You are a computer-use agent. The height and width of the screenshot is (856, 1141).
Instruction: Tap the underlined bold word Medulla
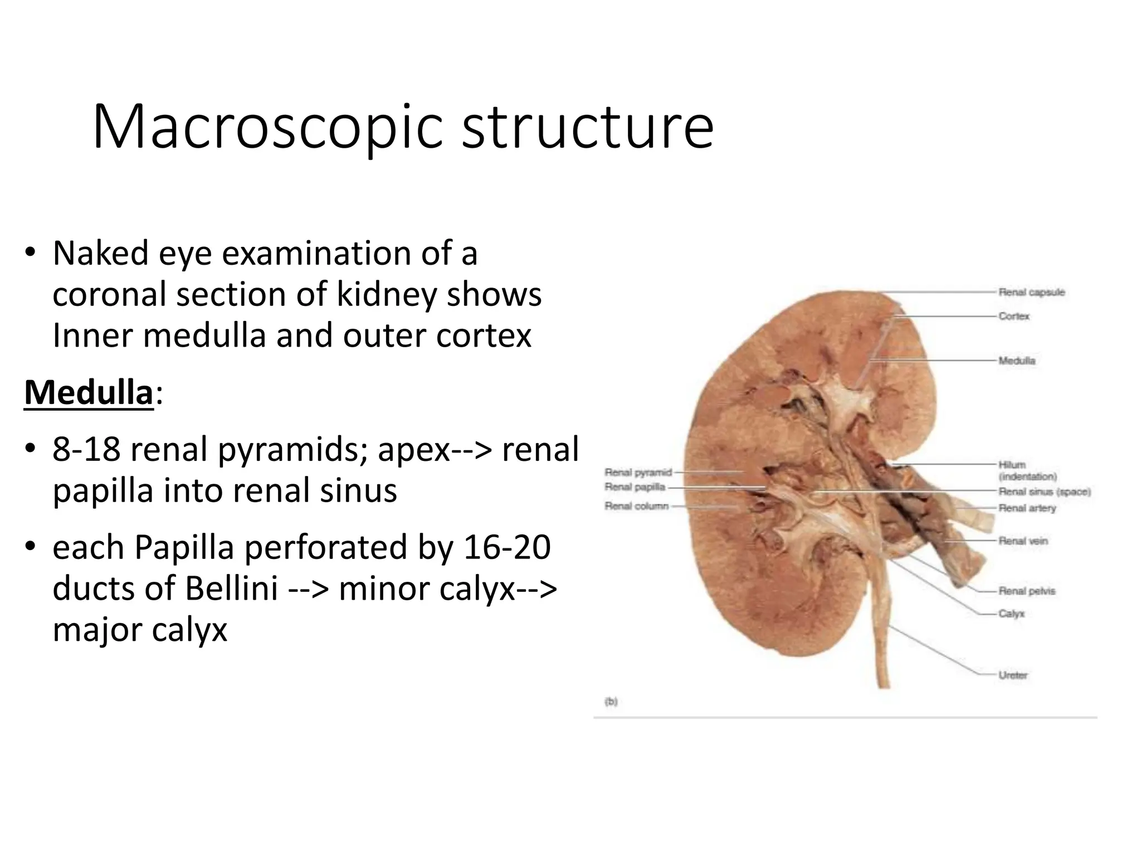point(88,393)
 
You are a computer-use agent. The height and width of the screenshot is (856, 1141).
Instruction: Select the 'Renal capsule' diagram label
point(1031,292)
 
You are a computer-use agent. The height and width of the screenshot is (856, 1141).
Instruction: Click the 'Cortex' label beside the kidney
point(1014,316)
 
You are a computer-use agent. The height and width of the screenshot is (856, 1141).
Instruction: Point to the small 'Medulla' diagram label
point(1017,361)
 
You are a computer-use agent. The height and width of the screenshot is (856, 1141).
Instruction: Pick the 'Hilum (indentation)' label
point(1027,470)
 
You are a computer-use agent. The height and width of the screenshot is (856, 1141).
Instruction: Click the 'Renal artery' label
point(1027,508)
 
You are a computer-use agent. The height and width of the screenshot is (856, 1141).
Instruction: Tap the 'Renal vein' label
point(1023,541)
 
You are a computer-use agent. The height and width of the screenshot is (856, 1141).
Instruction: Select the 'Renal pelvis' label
point(1027,591)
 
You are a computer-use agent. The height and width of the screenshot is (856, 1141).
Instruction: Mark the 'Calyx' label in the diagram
point(1011,614)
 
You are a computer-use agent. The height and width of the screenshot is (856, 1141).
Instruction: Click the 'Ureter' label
point(1013,675)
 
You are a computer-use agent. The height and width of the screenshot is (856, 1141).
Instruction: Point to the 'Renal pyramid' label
point(638,472)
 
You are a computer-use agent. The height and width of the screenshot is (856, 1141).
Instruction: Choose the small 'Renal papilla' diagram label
point(635,487)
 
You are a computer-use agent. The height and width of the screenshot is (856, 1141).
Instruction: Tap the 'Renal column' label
point(636,506)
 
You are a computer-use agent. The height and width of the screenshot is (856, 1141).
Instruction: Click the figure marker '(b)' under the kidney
point(611,702)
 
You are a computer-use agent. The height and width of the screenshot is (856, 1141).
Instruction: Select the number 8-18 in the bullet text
point(86,449)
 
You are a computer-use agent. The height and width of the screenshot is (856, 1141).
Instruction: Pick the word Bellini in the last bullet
point(231,588)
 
